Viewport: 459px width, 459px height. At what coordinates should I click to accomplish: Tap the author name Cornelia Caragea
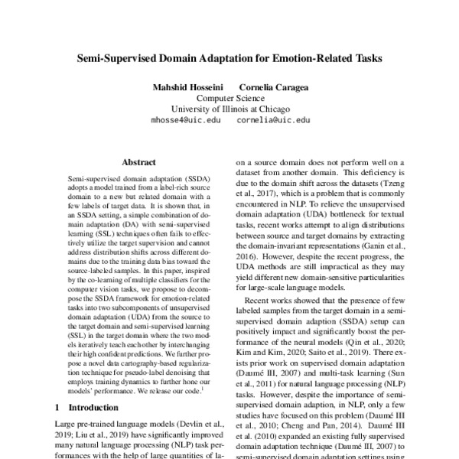coord(274,87)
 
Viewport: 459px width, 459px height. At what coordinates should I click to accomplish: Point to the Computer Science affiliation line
coord(229,99)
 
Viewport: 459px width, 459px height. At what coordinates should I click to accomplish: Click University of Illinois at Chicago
coord(229,109)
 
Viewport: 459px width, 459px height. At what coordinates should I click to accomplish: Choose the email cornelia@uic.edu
coord(273,121)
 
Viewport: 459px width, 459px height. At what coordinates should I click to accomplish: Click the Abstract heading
coord(138,162)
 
